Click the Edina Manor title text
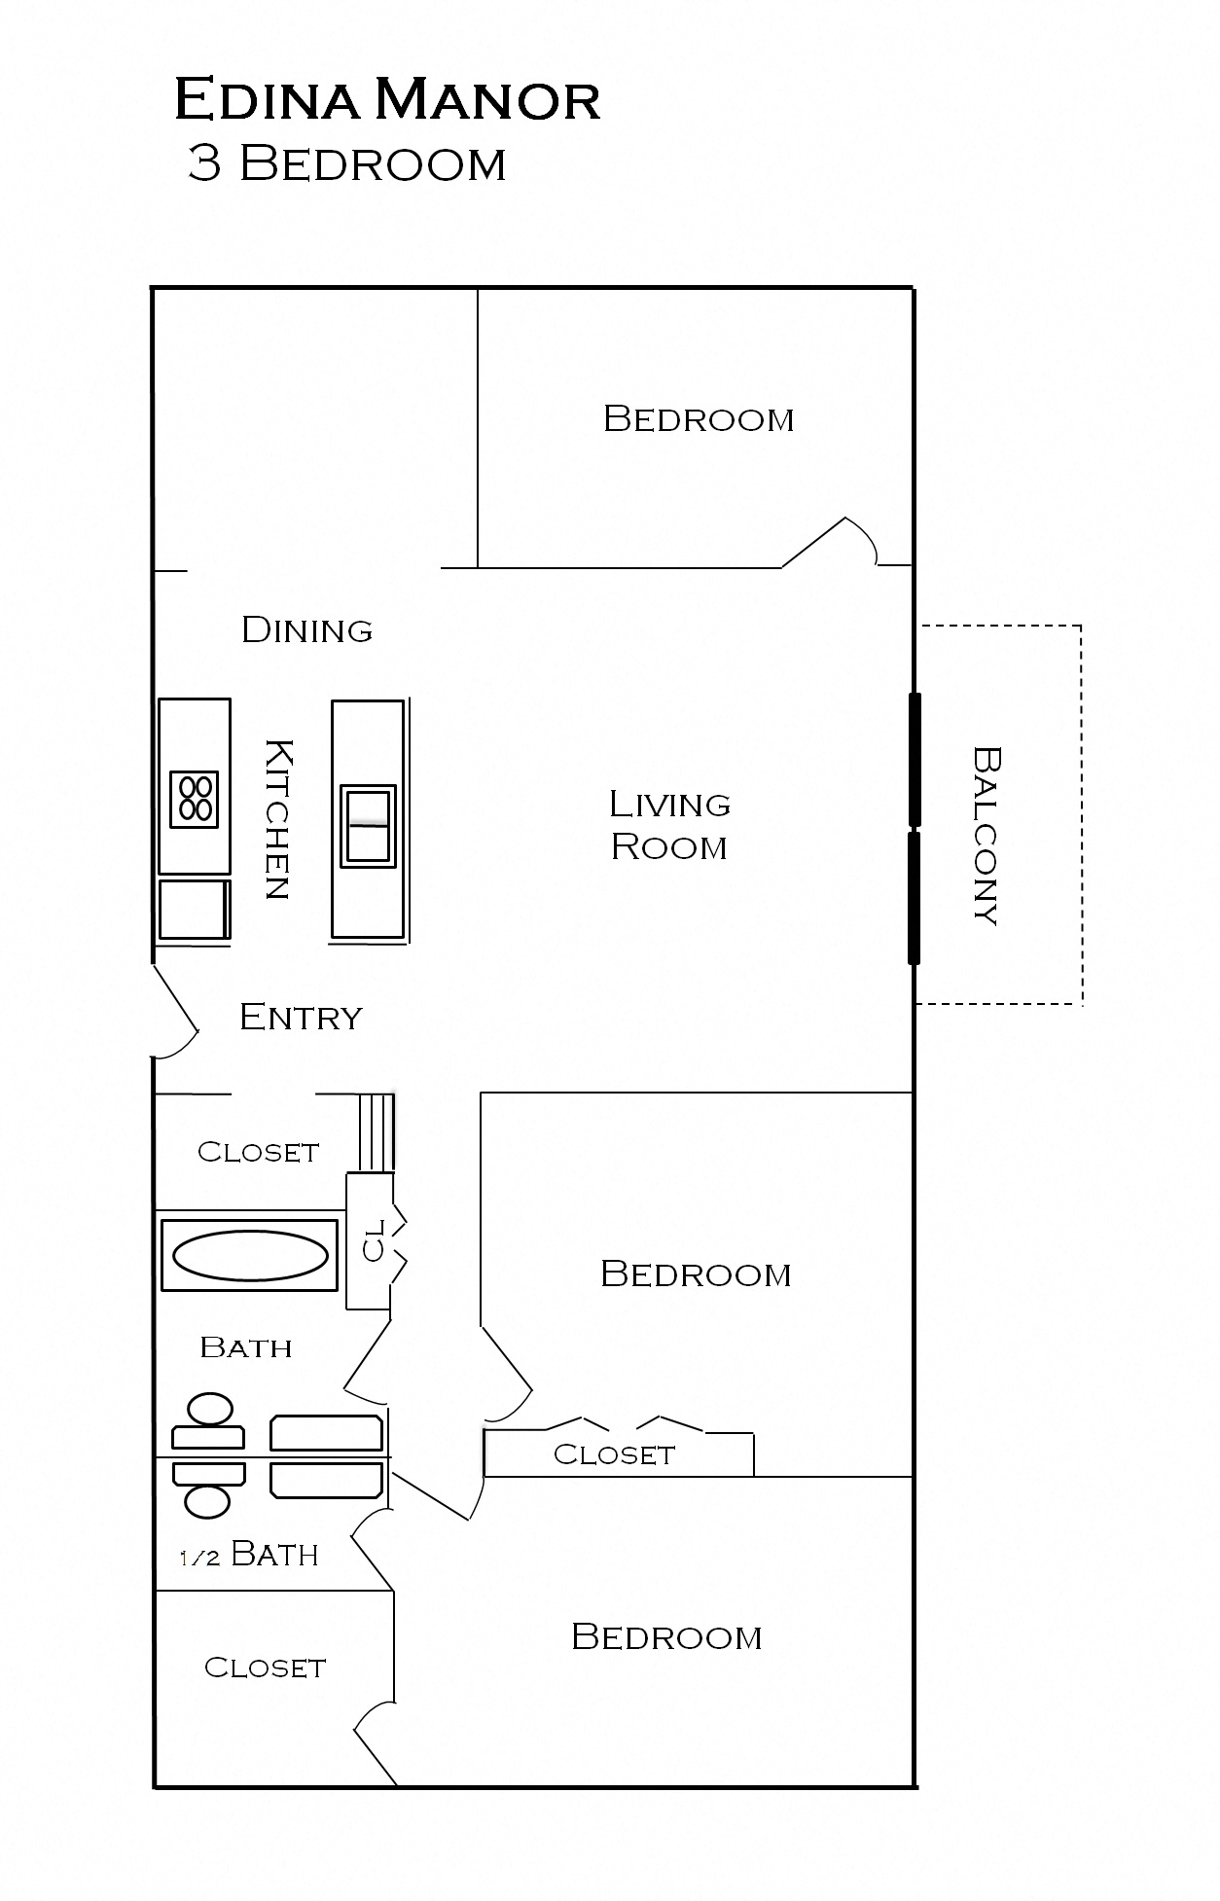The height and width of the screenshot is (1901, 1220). pos(387,100)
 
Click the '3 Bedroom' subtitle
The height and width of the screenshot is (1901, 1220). pos(346,163)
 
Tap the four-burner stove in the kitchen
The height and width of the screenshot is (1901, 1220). pos(194,799)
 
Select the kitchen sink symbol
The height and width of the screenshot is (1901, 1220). pos(368,826)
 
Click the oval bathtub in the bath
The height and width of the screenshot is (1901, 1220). pos(250,1256)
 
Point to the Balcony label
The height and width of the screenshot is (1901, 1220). pos(987,835)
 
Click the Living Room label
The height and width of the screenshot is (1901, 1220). pos(669,825)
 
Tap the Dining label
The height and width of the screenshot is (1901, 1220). pos(306,630)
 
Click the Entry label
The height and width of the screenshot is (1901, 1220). pos(301,1018)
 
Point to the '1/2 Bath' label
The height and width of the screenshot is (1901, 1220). pos(250,1555)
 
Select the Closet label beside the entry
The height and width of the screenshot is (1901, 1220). pos(258,1153)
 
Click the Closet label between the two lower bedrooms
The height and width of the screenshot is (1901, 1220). pos(614,1455)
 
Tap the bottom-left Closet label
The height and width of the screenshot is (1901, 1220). pos(265,1668)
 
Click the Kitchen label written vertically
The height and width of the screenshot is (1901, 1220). pos(277,819)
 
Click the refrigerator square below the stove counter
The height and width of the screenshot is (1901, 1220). pos(194,910)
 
